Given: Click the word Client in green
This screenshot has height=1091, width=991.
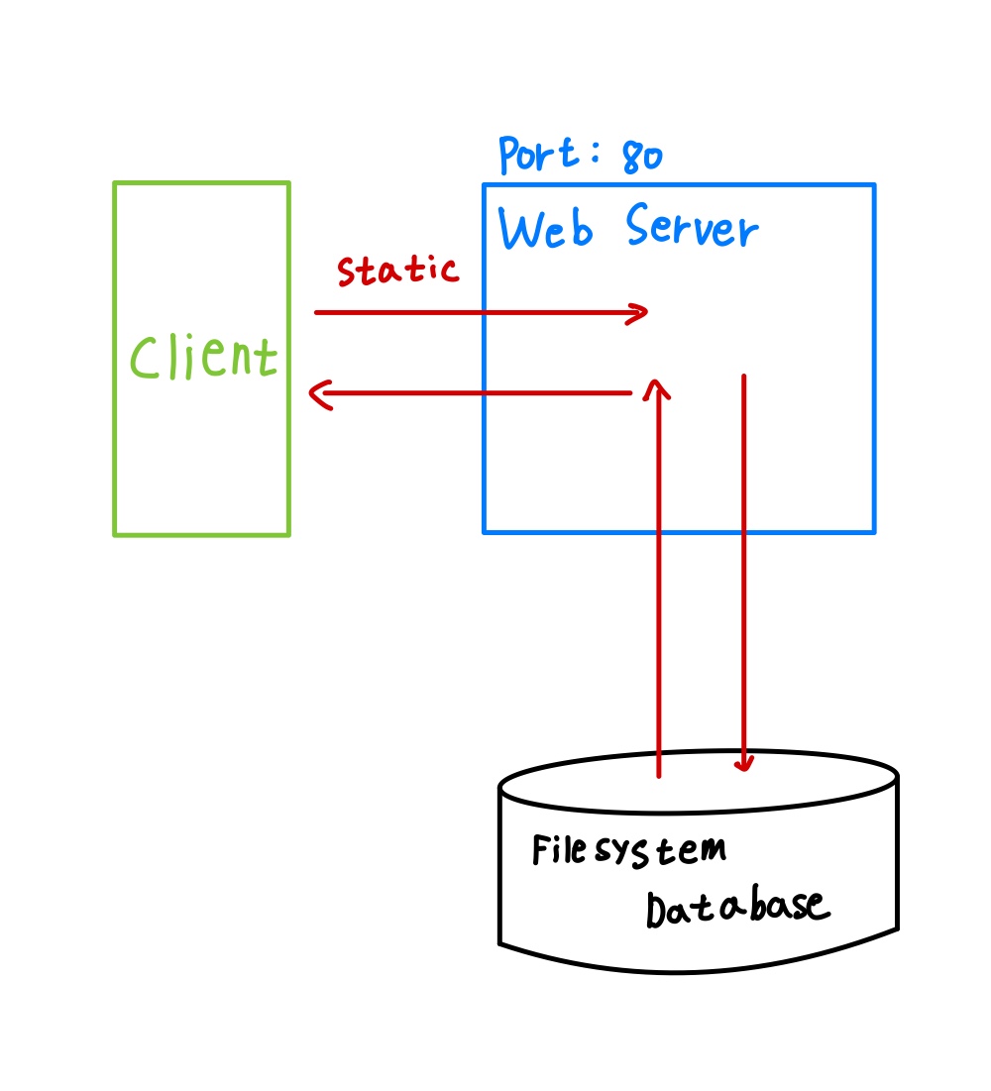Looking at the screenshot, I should pyautogui.click(x=204, y=358).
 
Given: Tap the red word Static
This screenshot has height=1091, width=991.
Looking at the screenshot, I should pyautogui.click(x=397, y=270).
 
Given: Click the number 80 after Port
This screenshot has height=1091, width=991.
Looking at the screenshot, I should pyautogui.click(x=642, y=157).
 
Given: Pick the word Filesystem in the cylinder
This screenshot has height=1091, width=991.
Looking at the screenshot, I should pyautogui.click(x=628, y=850).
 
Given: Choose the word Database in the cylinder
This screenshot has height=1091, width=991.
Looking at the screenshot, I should pyautogui.click(x=735, y=907).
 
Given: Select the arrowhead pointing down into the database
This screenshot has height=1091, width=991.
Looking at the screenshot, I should pyautogui.click(x=744, y=765).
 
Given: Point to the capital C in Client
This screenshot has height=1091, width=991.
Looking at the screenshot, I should pyautogui.click(x=146, y=359).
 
